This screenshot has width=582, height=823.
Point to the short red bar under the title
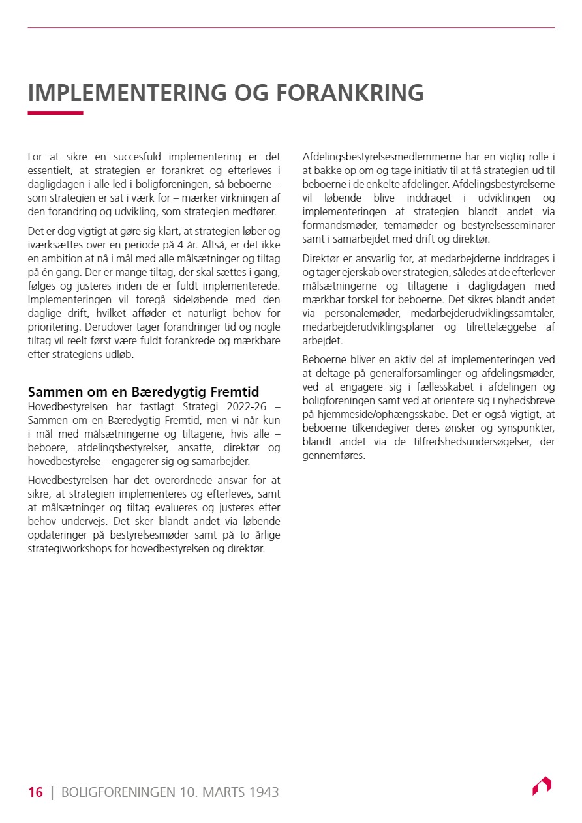[55, 113]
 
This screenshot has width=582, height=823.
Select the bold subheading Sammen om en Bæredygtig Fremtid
[143, 392]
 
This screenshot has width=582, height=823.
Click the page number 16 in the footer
[35, 792]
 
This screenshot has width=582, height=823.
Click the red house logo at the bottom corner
[542, 786]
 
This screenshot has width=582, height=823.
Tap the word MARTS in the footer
[222, 792]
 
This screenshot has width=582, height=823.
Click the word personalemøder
[360, 314]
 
